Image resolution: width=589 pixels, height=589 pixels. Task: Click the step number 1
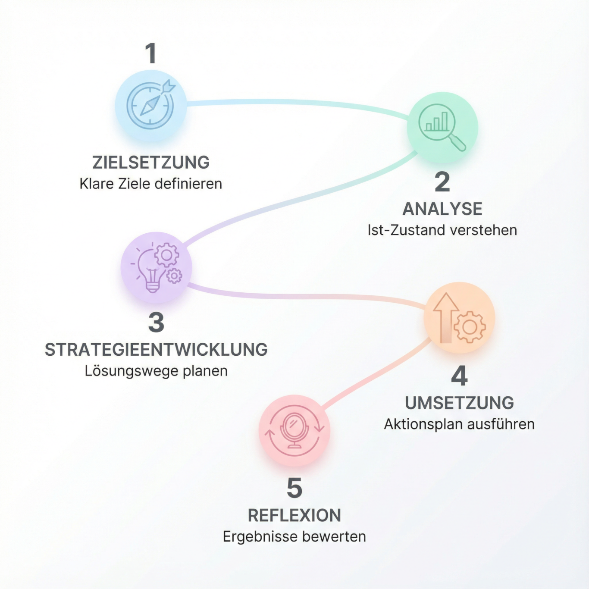[151, 53]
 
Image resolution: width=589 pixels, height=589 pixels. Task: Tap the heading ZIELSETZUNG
[151, 162]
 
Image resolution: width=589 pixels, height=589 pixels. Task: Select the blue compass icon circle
[150, 106]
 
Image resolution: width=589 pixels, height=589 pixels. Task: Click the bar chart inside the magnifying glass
[437, 122]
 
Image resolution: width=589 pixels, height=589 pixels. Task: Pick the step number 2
[442, 182]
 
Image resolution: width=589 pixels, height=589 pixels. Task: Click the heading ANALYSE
[442, 209]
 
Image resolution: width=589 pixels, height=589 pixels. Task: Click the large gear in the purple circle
[166, 254]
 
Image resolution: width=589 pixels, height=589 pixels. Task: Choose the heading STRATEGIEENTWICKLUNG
[156, 350]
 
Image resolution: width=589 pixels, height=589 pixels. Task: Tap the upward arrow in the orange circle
[446, 318]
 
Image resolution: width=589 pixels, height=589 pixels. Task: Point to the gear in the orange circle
[470, 327]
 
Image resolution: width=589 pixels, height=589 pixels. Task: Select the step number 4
[459, 376]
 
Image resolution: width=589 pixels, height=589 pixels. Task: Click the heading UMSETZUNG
[459, 403]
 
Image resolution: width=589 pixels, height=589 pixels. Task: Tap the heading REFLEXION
[294, 516]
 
